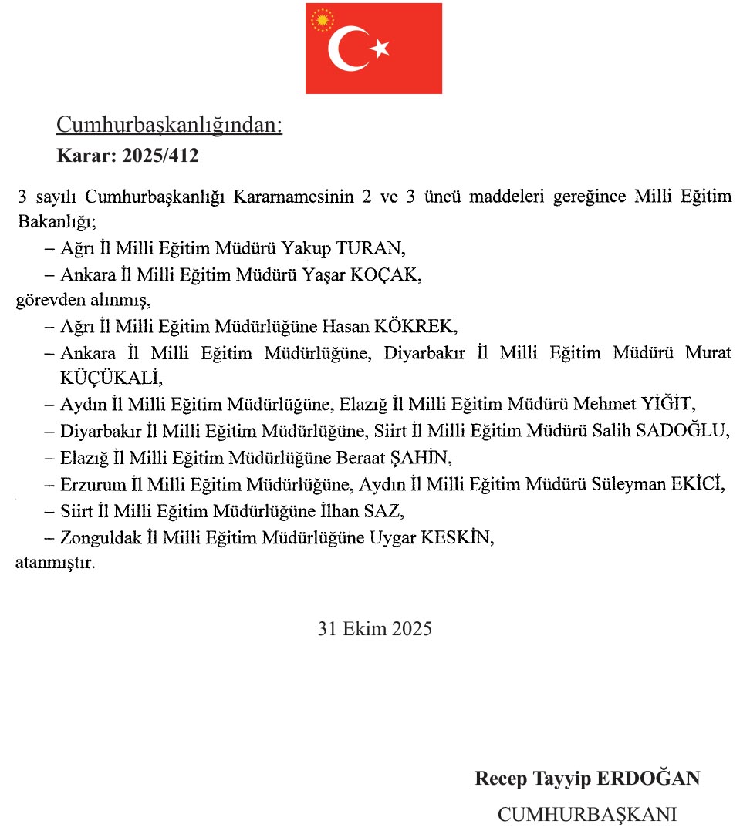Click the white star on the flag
click(380, 49)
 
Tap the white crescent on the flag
click(344, 49)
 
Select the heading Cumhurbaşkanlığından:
click(170, 125)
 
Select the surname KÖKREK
click(416, 326)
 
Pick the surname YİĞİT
click(664, 405)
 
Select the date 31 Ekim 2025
click(375, 628)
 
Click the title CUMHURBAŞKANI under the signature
click(587, 814)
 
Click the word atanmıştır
click(56, 563)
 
